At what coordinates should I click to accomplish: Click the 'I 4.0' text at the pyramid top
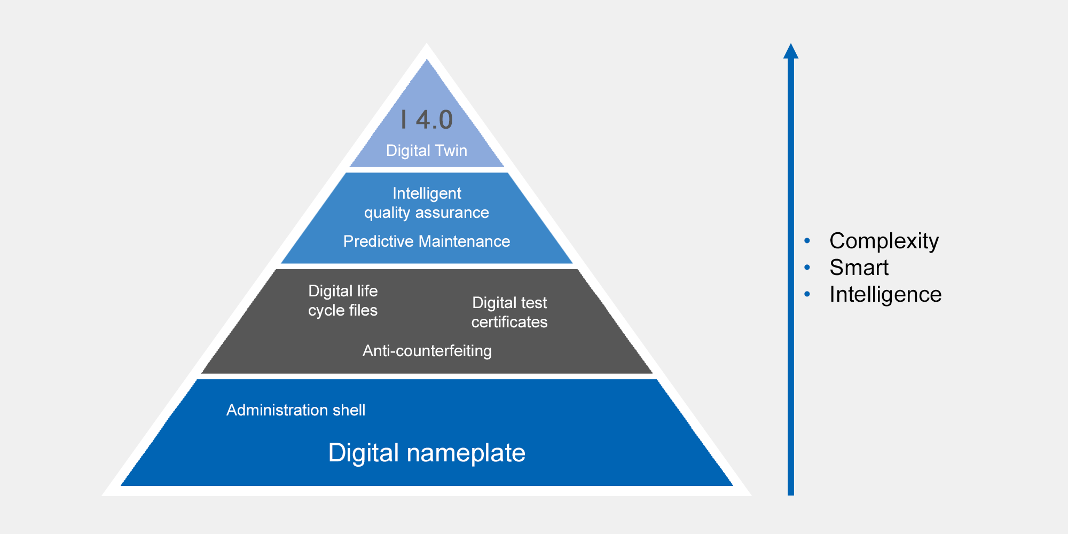pos(427,120)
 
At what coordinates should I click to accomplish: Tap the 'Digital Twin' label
pos(427,151)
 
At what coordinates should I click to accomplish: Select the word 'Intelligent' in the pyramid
pos(427,194)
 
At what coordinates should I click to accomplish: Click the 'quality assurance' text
pos(427,213)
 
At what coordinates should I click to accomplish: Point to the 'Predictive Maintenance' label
pos(427,241)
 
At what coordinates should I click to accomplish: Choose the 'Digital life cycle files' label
pos(343,301)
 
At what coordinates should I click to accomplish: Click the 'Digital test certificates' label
pos(509,312)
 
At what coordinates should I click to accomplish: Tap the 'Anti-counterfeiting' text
pos(427,351)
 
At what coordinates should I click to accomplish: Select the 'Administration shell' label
pos(296,410)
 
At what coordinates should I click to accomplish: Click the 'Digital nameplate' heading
pos(427,453)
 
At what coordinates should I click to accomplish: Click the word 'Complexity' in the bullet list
pos(884,241)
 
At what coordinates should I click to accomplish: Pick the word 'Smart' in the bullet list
pos(859,268)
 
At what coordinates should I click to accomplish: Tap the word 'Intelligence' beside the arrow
pos(885,295)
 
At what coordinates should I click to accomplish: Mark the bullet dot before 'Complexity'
pos(807,241)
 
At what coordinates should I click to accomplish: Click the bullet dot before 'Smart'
pos(807,268)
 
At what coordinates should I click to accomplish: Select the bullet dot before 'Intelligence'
pos(807,294)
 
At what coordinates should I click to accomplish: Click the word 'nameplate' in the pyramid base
pos(466,454)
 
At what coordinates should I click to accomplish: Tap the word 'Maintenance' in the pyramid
pos(464,241)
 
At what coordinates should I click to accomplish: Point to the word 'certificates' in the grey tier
pos(509,322)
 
